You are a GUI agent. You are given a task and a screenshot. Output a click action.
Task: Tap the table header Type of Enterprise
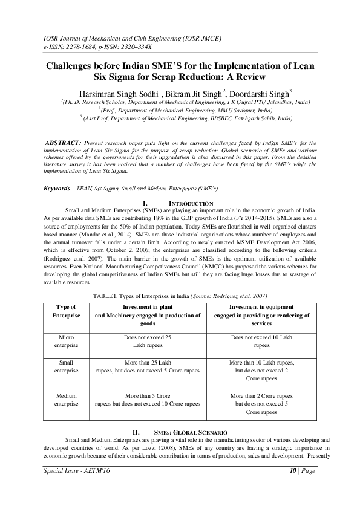coord(66,312)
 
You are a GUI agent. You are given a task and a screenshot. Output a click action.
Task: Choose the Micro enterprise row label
coord(66,340)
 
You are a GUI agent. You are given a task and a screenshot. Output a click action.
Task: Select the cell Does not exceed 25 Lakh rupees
coord(143,340)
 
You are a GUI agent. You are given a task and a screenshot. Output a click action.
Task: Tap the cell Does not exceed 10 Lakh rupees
coord(262,340)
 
